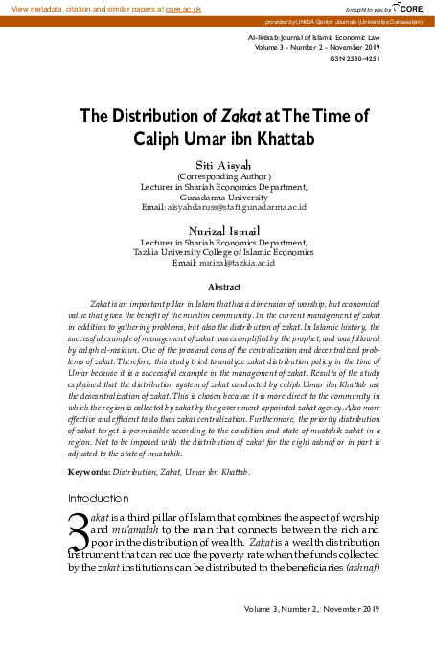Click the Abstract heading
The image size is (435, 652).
[x=223, y=286]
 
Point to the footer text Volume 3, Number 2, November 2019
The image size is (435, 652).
[x=312, y=608]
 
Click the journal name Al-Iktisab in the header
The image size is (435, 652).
[x=263, y=34]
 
